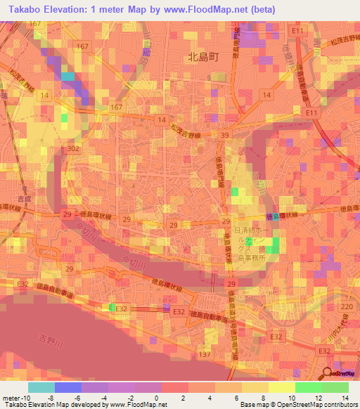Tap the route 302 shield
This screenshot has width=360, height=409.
72,149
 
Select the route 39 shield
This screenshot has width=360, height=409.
225,135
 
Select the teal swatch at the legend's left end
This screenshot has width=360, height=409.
41,387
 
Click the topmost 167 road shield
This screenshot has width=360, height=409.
84,46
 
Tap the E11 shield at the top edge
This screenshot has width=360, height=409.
299,32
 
